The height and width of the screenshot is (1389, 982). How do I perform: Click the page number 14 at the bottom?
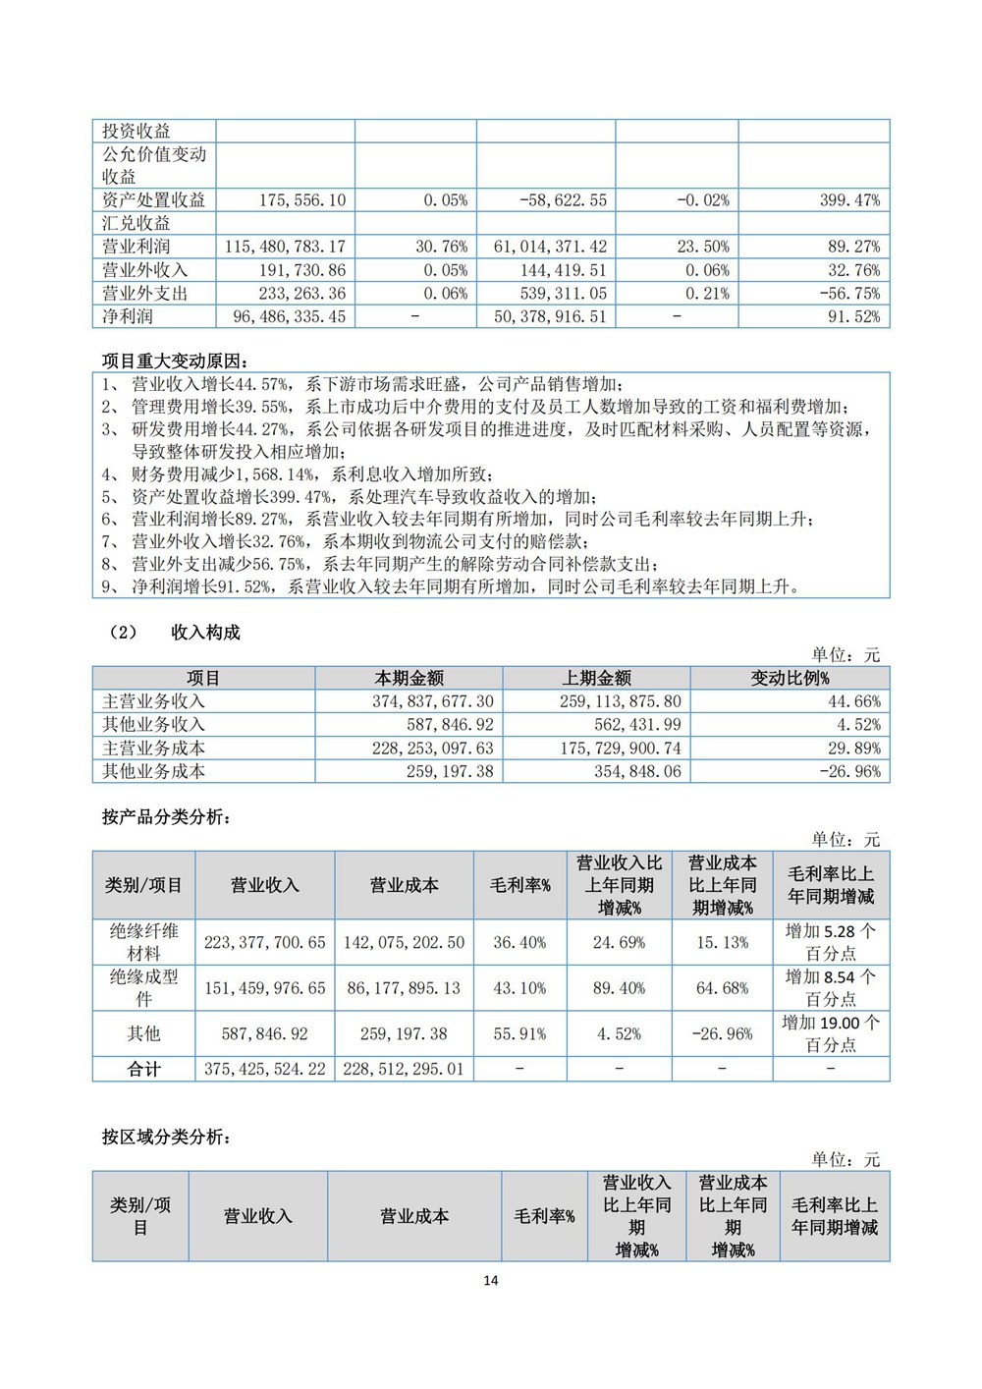(x=491, y=1280)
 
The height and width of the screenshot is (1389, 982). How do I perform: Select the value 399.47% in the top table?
(x=849, y=200)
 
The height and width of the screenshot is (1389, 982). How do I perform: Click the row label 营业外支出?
(x=144, y=294)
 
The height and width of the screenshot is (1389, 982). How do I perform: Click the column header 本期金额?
(x=409, y=678)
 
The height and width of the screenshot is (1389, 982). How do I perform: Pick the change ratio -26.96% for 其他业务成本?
(x=850, y=772)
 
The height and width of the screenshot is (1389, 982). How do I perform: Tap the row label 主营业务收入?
(x=153, y=701)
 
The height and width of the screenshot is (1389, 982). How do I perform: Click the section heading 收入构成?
(x=205, y=633)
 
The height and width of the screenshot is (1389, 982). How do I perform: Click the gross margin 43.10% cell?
(x=519, y=988)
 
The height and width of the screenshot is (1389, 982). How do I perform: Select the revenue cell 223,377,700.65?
(x=264, y=943)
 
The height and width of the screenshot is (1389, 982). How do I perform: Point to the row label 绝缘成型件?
(x=143, y=988)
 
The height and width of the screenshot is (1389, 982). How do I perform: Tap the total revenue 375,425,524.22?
(x=264, y=1070)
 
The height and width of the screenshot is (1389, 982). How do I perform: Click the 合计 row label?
(x=143, y=1070)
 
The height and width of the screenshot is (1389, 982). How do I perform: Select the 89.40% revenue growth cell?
(x=619, y=988)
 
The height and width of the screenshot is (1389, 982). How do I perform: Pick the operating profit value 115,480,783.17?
(x=285, y=247)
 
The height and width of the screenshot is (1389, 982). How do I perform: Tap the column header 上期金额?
(x=596, y=678)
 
